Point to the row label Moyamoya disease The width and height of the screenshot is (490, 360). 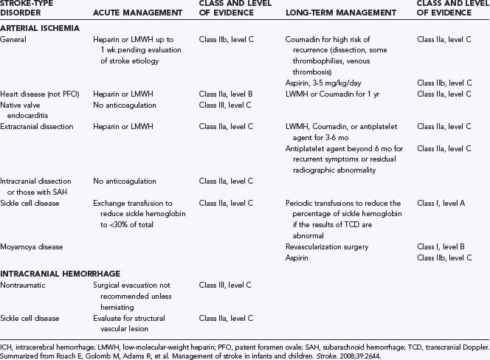[x=37, y=246]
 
